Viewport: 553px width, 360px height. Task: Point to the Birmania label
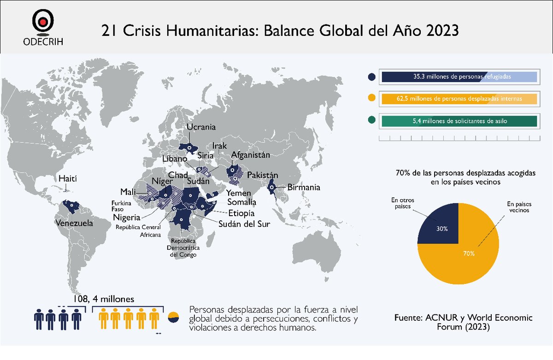(303, 188)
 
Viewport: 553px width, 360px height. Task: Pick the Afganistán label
(250, 155)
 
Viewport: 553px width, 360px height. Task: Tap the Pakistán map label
(263, 175)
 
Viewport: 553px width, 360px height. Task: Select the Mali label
(127, 191)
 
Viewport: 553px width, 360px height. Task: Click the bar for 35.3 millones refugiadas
(459, 77)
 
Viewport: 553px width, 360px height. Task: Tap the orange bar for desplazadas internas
(459, 99)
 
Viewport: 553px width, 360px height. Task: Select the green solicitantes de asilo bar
(459, 121)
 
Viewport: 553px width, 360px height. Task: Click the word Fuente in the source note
(411, 319)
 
